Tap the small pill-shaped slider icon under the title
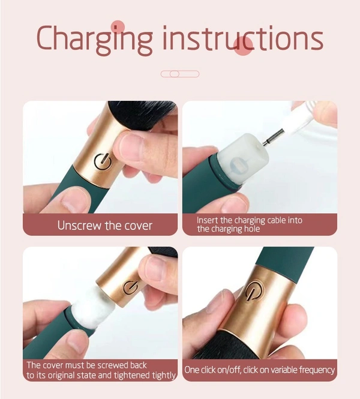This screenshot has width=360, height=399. point(179,74)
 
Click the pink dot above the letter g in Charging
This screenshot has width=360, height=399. point(118,26)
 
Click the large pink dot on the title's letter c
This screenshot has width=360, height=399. point(243,46)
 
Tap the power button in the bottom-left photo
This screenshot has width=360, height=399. point(130,287)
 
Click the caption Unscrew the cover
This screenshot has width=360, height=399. point(104,226)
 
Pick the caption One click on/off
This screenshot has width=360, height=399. point(259,370)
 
